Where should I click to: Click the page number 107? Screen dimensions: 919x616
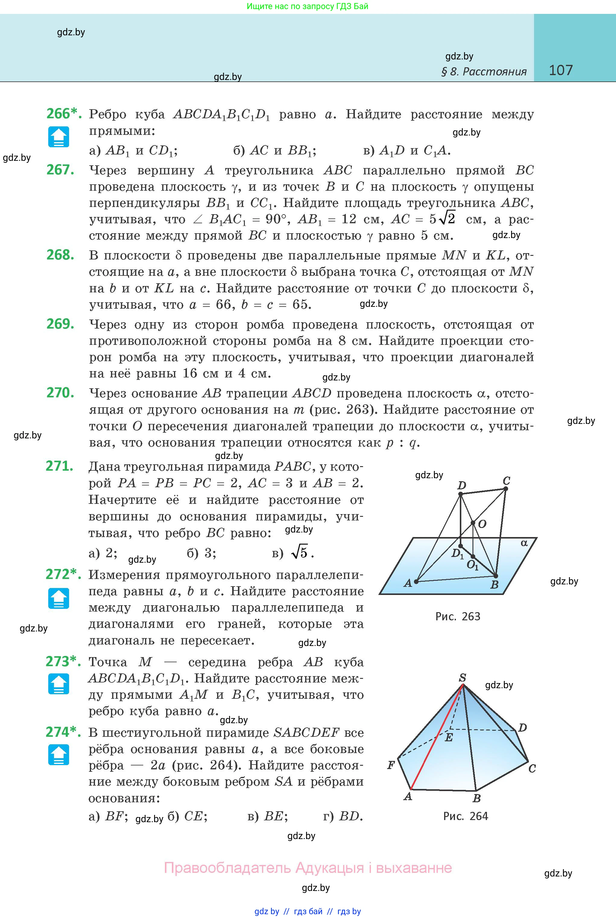point(560,70)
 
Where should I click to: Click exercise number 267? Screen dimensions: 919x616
point(60,170)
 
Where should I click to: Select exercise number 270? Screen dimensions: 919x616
point(60,393)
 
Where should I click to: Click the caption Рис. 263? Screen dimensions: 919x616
point(458,616)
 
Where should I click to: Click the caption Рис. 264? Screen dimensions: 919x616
point(466,816)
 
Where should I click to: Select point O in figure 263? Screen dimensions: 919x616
point(473,523)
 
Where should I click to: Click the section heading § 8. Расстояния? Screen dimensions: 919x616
point(484,72)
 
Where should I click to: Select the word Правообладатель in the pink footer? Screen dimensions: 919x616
point(227,867)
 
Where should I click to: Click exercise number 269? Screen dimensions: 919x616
point(60,324)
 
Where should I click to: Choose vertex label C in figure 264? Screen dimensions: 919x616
point(532,768)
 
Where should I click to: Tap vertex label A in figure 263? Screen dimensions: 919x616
point(407,583)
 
